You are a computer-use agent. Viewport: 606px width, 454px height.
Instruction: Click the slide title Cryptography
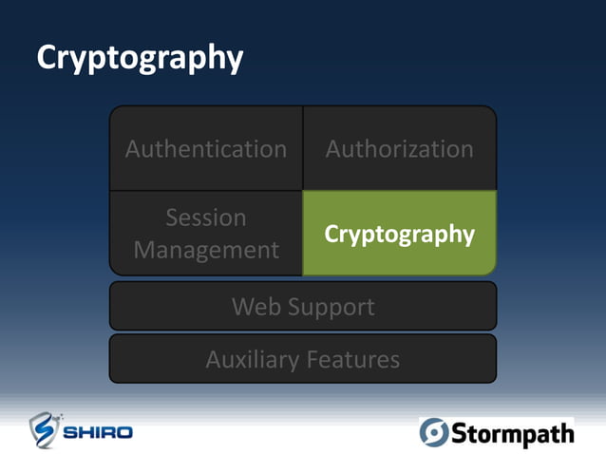coord(140,59)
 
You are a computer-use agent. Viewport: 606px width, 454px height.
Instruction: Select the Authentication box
coord(206,149)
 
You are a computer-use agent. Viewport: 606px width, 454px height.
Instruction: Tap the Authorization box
coord(399,149)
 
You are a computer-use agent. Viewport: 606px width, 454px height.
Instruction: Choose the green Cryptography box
coord(399,234)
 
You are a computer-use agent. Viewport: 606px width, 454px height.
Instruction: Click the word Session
coord(206,218)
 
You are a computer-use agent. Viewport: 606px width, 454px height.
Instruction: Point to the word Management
coord(206,251)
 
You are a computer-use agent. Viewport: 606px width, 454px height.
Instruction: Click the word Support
coord(330,307)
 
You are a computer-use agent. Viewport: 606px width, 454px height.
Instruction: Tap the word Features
coord(353,360)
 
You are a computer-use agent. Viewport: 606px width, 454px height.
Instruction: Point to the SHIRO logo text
coord(99,433)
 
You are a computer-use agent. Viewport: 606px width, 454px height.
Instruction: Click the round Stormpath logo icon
coord(434,432)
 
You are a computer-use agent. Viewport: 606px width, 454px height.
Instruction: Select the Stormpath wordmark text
coord(512,434)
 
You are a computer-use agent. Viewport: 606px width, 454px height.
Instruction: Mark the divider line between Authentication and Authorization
coord(303,148)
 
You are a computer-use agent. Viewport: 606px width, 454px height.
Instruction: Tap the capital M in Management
coord(144,251)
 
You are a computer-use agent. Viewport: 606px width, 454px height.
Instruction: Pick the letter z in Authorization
coord(422,150)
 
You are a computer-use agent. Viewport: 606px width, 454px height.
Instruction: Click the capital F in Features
coord(313,360)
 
